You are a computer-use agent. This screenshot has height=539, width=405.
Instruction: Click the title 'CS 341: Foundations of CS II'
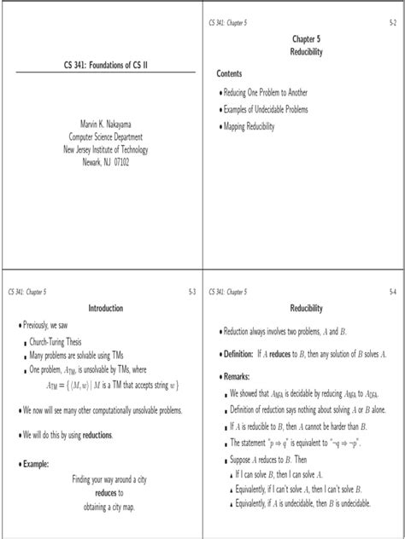click(101, 65)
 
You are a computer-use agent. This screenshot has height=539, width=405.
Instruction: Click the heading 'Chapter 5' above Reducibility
click(305, 38)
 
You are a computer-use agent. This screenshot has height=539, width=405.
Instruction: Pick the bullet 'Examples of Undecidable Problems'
click(265, 109)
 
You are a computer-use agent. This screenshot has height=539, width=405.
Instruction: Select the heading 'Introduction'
click(106, 308)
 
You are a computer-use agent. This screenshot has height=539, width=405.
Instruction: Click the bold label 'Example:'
click(32, 464)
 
